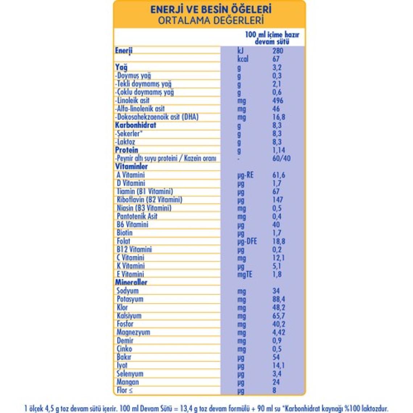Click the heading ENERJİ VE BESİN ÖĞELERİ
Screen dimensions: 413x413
point(211,9)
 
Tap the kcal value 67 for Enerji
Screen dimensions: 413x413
point(276,59)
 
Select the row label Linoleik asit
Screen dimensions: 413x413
point(133,100)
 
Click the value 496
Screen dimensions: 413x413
point(278,100)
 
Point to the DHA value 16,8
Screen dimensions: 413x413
point(279,117)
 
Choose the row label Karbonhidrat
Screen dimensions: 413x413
point(135,125)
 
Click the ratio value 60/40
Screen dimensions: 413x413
point(281,158)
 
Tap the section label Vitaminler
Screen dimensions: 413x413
point(132,167)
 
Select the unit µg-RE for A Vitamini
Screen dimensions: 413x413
point(245,175)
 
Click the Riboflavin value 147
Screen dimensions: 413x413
point(278,200)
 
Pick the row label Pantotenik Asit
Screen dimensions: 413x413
point(137,216)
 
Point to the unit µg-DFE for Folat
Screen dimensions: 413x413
point(247,241)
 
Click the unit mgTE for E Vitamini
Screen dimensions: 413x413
point(245,275)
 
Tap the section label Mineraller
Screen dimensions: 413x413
point(131,282)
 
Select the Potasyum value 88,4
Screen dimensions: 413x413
point(279,299)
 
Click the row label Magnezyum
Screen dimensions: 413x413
point(133,332)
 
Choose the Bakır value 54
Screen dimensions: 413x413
point(276,357)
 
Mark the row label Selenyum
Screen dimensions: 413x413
point(130,374)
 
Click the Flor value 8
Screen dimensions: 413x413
point(274,390)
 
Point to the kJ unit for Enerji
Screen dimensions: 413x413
point(241,51)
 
